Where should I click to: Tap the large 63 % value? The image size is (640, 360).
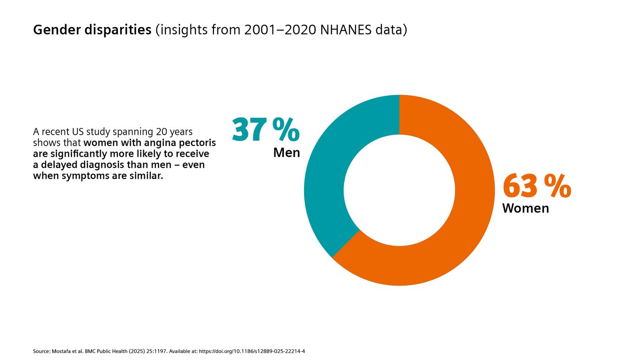click(537, 186)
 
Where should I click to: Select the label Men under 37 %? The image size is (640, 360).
click(286, 153)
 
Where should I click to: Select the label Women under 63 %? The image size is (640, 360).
click(526, 208)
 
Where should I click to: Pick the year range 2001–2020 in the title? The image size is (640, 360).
click(280, 30)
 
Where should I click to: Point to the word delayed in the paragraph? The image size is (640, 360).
click(60, 165)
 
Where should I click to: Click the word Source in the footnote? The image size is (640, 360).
click(41, 352)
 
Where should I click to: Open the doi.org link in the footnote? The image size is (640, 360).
click(252, 352)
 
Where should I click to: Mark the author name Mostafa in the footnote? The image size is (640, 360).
click(63, 352)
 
